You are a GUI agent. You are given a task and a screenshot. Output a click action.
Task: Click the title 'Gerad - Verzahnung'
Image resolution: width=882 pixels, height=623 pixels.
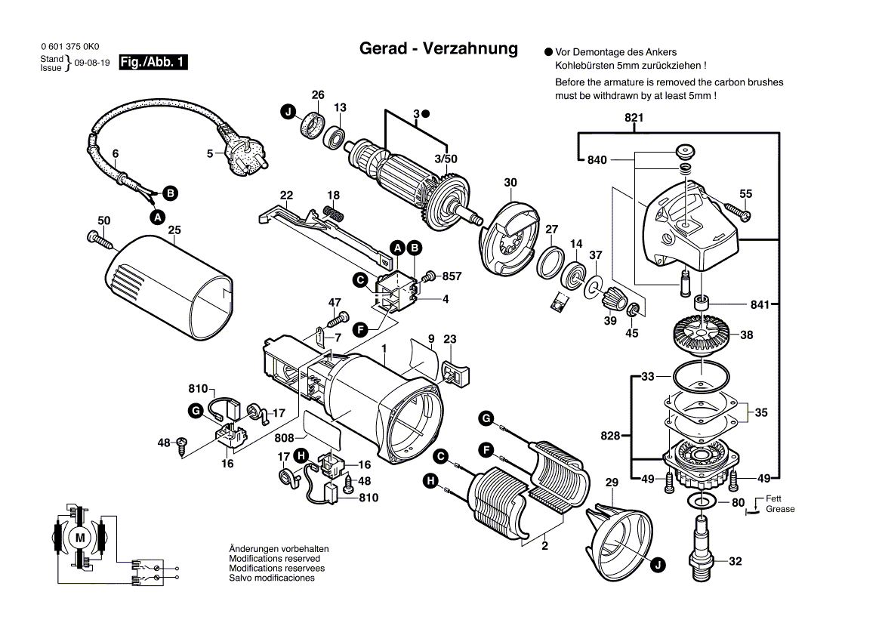point(438,49)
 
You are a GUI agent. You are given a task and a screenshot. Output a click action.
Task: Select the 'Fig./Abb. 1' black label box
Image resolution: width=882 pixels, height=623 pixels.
point(153,63)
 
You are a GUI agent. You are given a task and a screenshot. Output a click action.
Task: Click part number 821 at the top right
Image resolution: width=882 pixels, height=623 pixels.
point(634,118)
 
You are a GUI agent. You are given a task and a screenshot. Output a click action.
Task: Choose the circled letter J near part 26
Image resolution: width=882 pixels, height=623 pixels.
point(288,113)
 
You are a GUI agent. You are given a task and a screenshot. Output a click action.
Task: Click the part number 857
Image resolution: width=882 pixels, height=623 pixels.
point(452,277)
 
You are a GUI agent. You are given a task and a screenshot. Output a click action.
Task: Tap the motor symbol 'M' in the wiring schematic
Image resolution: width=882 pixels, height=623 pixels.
point(79,537)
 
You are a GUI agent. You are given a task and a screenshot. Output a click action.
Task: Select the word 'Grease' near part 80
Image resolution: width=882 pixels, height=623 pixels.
point(780,509)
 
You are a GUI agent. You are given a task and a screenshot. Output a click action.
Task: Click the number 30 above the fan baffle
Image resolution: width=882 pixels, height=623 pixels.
point(510,182)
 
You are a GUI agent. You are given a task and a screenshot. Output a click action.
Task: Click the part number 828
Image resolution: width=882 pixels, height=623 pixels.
point(610,436)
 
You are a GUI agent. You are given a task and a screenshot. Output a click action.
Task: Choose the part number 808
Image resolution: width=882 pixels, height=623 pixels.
point(284,438)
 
